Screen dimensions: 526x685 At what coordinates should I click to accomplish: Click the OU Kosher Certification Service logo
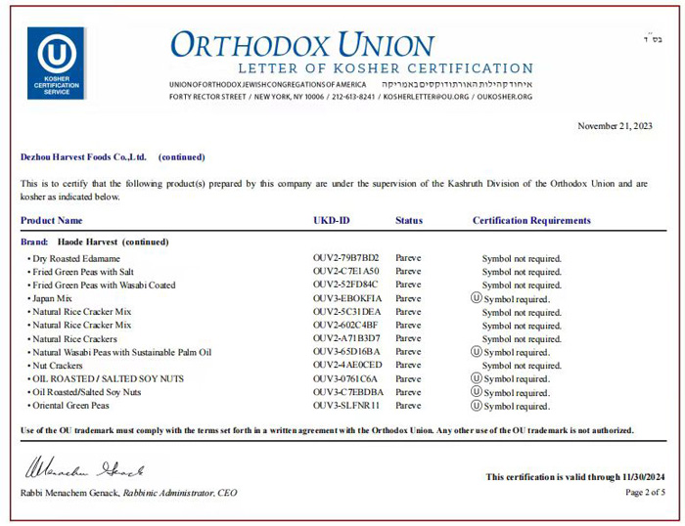pyautogui.click(x=56, y=62)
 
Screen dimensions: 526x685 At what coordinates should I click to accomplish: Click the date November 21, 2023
pyautogui.click(x=615, y=126)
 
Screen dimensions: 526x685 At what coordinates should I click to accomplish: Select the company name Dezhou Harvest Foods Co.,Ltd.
pyautogui.click(x=83, y=156)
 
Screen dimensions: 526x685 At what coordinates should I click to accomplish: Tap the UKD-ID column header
pyautogui.click(x=331, y=221)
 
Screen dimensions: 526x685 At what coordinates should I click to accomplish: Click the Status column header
pyautogui.click(x=409, y=221)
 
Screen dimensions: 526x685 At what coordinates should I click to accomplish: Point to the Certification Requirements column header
pyautogui.click(x=531, y=221)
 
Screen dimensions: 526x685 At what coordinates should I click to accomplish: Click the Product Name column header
pyautogui.click(x=52, y=221)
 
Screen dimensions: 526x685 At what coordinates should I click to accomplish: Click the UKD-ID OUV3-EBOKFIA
pyautogui.click(x=347, y=298)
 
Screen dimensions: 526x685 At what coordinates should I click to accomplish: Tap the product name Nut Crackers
pyautogui.click(x=58, y=365)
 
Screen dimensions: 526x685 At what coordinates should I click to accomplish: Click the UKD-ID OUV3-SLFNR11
pyautogui.click(x=345, y=405)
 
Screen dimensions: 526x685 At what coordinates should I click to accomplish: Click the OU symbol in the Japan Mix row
pyautogui.click(x=477, y=298)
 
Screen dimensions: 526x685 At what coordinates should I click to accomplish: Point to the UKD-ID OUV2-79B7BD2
pyautogui.click(x=346, y=258)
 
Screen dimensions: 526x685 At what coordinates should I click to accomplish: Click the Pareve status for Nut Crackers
pyautogui.click(x=408, y=365)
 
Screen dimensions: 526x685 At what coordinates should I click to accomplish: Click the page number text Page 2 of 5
pyautogui.click(x=645, y=492)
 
